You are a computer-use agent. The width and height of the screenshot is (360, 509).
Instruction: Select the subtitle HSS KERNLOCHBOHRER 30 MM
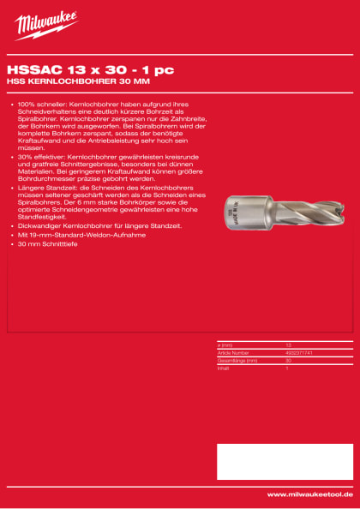[x=76, y=83]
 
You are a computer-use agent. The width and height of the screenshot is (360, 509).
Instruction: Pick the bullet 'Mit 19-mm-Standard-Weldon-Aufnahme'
[x=74, y=235]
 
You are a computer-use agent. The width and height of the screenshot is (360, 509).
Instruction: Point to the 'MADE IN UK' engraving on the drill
[x=230, y=210]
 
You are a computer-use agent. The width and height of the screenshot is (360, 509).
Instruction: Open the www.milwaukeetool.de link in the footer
[x=309, y=494]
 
